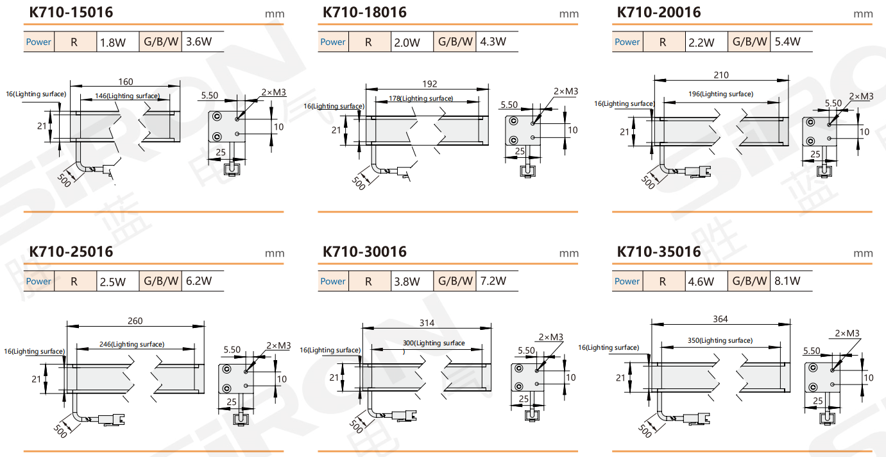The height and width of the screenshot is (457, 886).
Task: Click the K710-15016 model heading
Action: tap(71, 13)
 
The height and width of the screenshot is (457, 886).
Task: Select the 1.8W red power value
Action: tap(112, 42)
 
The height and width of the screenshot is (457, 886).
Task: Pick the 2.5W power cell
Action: tap(112, 282)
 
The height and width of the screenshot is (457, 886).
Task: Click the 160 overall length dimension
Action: tap(126, 82)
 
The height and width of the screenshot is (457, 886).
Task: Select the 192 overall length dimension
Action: tap(429, 83)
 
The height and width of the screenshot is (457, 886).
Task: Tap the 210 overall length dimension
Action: tap(720, 75)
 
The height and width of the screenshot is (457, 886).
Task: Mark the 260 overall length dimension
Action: tap(135, 321)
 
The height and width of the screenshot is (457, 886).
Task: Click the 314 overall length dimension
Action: tap(427, 322)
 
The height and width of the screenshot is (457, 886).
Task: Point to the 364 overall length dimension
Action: tap(720, 319)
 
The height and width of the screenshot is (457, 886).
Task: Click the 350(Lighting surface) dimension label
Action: tap(720, 340)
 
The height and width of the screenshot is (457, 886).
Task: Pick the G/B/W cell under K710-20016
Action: tap(749, 42)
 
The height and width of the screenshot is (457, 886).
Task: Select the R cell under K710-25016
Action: tap(74, 282)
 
